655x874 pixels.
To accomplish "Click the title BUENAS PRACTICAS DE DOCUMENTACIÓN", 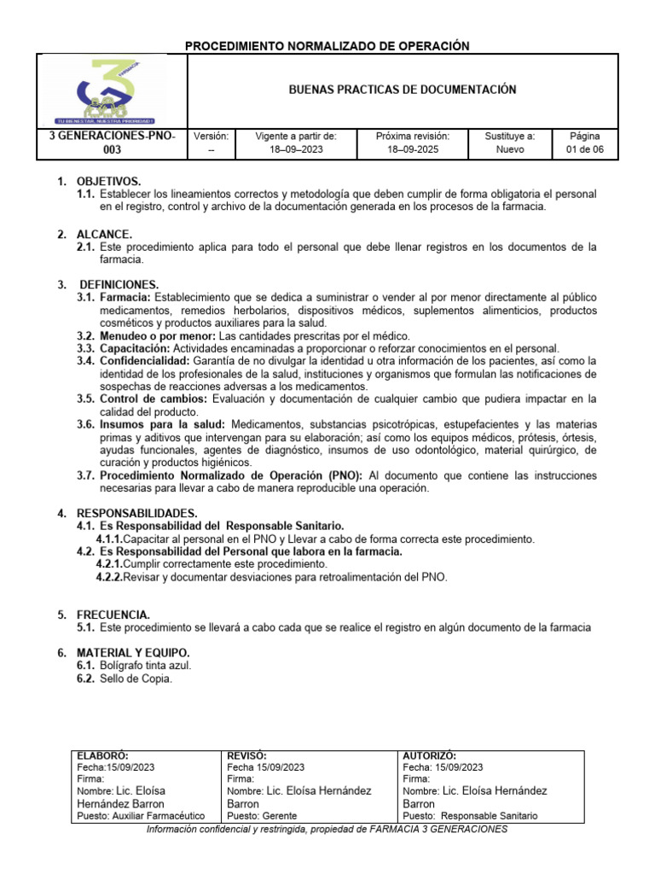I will click(x=403, y=90).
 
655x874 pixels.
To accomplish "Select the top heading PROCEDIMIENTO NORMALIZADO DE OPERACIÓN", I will click(x=327, y=45).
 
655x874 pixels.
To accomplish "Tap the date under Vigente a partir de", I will click(x=296, y=149).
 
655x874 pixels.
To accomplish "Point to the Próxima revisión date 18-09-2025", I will click(x=412, y=149).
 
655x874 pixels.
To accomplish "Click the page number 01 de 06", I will click(x=584, y=149).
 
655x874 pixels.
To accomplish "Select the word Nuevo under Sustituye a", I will click(x=509, y=149).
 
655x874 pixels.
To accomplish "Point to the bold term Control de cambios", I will click(x=153, y=399).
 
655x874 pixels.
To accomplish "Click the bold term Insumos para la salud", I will click(x=162, y=424).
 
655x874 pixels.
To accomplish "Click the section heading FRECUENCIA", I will click(x=113, y=615).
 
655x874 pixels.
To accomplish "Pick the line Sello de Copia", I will click(x=136, y=679).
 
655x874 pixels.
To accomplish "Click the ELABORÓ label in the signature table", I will click(x=102, y=755).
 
